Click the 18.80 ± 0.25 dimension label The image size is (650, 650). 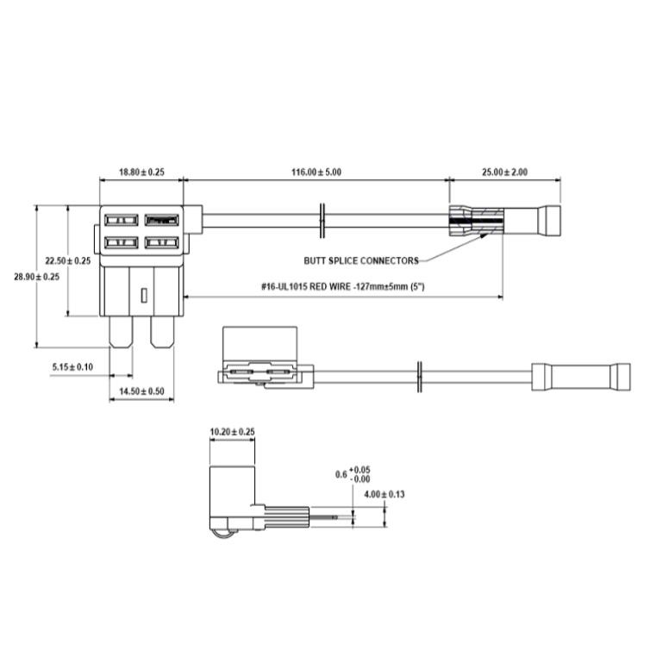[141, 172]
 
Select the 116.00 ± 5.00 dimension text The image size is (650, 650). [316, 172]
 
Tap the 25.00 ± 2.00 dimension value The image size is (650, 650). [503, 172]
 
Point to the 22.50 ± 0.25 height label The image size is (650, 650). [68, 260]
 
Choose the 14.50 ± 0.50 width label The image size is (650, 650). [141, 391]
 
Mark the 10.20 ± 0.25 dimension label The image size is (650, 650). [233, 431]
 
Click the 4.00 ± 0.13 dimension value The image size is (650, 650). [384, 494]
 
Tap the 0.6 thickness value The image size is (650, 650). [341, 474]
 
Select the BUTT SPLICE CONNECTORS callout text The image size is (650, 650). [361, 260]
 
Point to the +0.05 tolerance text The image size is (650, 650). [363, 469]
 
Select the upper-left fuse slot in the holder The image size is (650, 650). [122, 221]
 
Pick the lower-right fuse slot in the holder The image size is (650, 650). [161, 243]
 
